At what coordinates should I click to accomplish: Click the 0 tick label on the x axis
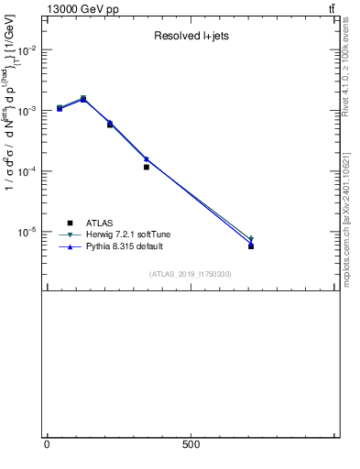pos(47,444)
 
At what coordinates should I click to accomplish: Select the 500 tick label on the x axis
pos(191,444)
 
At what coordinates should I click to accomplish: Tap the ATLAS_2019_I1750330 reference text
pos(191,274)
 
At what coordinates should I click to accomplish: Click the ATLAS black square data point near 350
pos(147,167)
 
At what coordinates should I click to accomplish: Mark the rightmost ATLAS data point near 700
pos(251,245)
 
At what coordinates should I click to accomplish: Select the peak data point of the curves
pos(83,99)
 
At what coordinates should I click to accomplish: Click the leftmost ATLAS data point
pos(60,108)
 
